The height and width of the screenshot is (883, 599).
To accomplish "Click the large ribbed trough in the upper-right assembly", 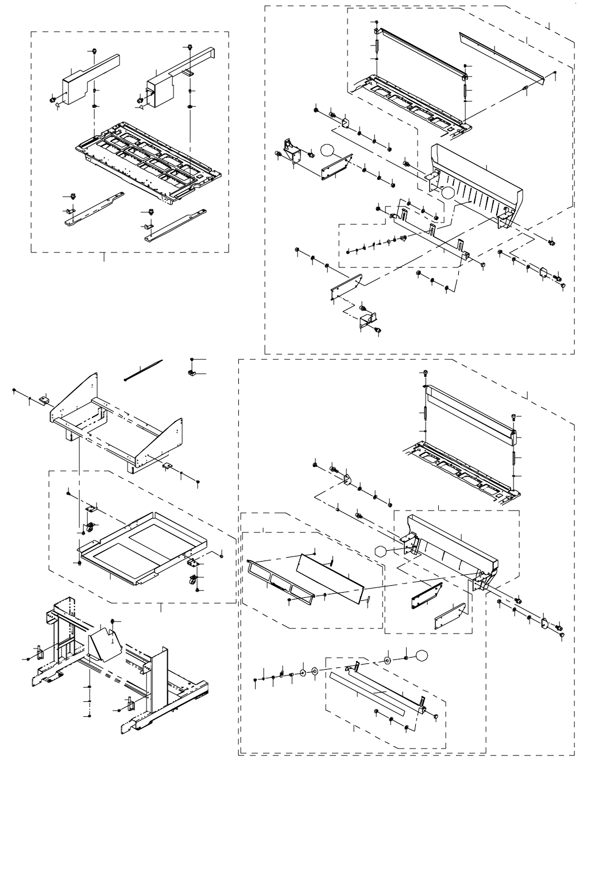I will pos(477,178).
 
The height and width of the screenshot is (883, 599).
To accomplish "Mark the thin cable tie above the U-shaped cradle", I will pos(144,370).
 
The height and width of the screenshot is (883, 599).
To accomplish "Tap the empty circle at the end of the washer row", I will pos(422,655).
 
